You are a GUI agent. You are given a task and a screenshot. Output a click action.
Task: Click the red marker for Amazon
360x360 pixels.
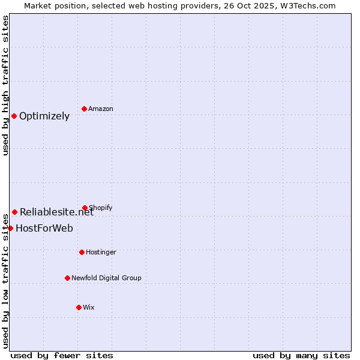tap(84, 109)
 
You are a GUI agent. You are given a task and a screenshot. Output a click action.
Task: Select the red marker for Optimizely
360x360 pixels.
tap(14, 116)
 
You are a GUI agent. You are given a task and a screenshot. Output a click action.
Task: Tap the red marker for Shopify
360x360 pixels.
tap(85, 208)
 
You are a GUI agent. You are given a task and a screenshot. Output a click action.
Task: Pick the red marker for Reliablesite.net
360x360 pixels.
tap(14, 212)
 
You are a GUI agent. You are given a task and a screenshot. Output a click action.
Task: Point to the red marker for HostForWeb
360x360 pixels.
tap(10, 228)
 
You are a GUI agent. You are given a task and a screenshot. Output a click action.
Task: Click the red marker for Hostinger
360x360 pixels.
tap(82, 252)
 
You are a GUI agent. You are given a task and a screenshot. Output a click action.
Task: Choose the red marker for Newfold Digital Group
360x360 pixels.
tap(67, 278)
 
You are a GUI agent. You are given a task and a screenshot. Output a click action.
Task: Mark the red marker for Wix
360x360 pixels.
tap(79, 307)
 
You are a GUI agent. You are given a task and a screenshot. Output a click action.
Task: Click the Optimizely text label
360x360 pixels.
tap(44, 116)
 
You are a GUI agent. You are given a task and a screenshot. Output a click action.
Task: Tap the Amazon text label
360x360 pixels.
tap(101, 109)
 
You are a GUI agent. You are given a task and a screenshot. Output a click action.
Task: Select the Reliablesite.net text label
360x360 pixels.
tap(57, 212)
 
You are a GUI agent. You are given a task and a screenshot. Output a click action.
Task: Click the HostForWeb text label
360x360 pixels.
tap(44, 229)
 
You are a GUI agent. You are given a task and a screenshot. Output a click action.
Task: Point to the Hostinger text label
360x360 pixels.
tap(101, 253)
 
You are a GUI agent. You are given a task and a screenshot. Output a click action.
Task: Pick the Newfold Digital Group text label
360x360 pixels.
tap(106, 278)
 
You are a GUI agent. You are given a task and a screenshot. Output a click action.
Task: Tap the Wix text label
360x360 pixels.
tap(89, 308)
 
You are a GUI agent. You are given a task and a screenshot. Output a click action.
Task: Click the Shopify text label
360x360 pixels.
tap(101, 208)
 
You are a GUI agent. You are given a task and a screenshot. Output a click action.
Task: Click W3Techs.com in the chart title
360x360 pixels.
tap(306, 5)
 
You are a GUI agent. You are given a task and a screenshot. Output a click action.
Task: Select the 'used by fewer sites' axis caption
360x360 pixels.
tap(62, 356)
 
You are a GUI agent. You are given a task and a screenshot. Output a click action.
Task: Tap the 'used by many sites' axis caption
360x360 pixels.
tap(301, 356)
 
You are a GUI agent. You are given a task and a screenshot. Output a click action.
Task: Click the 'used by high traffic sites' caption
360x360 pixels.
tap(5, 86)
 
